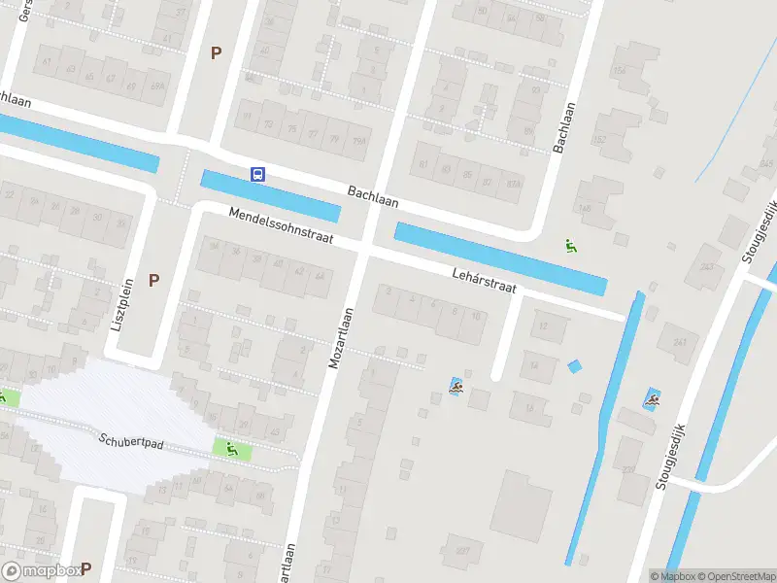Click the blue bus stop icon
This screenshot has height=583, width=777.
(258, 174)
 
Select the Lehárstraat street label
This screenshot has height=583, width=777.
(484, 281)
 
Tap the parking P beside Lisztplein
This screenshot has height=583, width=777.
(153, 280)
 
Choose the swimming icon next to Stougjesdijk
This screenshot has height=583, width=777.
(653, 398)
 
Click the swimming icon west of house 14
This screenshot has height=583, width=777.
(456, 387)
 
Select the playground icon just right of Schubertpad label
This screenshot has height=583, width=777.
(231, 449)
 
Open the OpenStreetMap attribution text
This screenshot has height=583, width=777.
(734, 576)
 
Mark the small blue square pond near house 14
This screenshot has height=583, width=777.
(574, 366)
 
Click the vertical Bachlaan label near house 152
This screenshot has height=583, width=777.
(559, 127)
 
